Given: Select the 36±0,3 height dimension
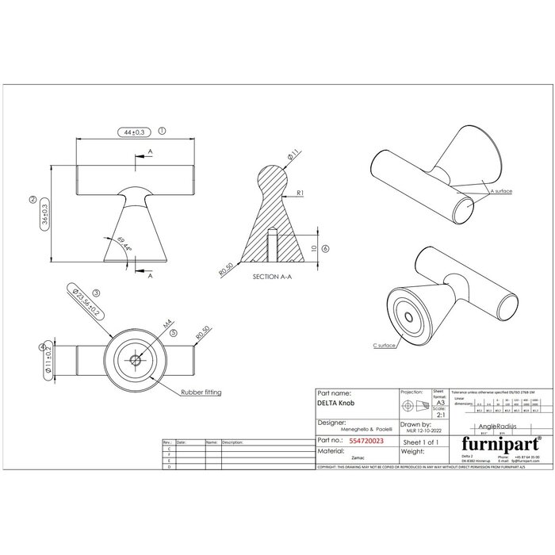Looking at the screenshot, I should tap(44, 214).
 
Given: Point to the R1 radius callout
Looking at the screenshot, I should tap(300, 193).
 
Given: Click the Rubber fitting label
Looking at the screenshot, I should tap(201, 392).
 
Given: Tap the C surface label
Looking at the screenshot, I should tap(385, 345).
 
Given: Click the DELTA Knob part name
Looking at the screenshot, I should tap(335, 404).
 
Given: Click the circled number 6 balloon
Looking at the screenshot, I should tap(326, 248).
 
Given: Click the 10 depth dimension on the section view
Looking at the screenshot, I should tap(314, 248).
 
